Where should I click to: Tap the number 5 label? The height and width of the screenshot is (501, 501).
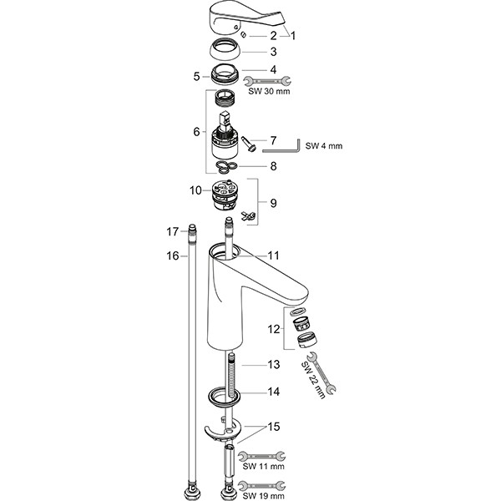click(197, 76)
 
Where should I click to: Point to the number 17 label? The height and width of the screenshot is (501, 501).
click(174, 230)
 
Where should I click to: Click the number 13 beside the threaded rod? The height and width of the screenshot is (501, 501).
click(273, 365)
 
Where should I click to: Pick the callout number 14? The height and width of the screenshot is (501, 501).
click(273, 391)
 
